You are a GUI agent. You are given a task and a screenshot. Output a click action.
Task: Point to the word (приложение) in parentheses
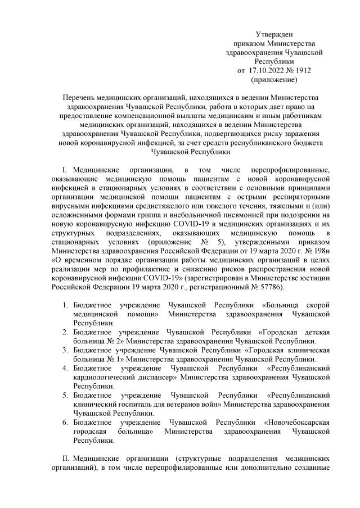(x=274, y=79)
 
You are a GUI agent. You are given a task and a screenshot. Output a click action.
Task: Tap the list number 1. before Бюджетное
(x=65, y=305)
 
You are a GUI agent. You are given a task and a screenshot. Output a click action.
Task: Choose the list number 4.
(x=65, y=368)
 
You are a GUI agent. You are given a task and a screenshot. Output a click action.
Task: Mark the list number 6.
(x=65, y=422)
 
